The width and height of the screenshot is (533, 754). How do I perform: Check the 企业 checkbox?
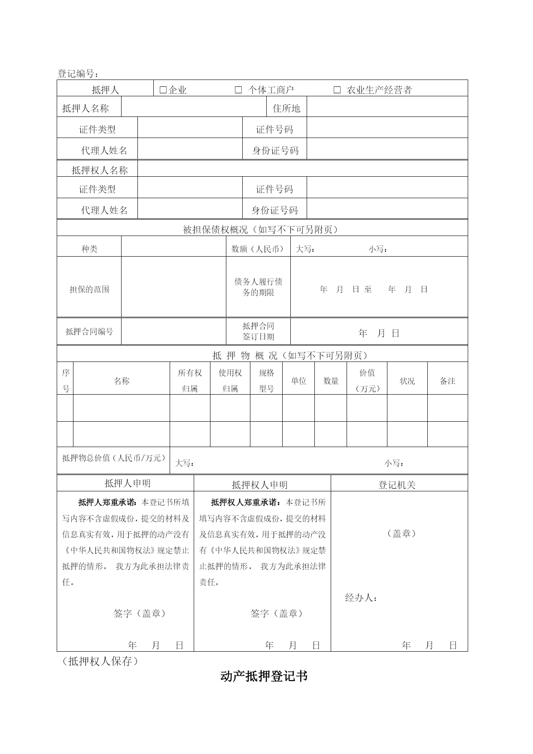[x=163, y=90]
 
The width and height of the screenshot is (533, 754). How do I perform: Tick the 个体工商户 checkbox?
[x=238, y=90]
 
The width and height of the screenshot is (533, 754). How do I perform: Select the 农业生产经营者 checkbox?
[x=337, y=90]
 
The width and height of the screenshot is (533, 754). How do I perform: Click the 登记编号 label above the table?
[x=78, y=74]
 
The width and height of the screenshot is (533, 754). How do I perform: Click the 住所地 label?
[x=286, y=108]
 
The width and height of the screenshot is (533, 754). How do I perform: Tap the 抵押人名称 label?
[x=85, y=108]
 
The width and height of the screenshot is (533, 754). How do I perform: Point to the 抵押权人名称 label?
[x=100, y=170]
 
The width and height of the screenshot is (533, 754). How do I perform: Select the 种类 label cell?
[x=89, y=249]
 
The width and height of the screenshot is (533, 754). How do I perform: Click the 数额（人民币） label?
[x=258, y=249]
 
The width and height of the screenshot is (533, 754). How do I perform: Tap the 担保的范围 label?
[x=89, y=289]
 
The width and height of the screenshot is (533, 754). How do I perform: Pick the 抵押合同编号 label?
[x=89, y=331]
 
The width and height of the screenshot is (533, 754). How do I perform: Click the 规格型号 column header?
[x=266, y=380]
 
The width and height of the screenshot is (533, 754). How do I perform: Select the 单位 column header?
[x=298, y=381]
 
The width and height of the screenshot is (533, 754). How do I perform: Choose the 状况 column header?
[x=407, y=381]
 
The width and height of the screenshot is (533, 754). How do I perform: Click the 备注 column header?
[x=448, y=381]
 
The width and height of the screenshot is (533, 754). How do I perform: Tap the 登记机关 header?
[x=397, y=485]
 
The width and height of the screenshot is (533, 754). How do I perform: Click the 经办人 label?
[x=361, y=598]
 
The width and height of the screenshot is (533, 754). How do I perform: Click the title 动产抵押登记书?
[x=264, y=676]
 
